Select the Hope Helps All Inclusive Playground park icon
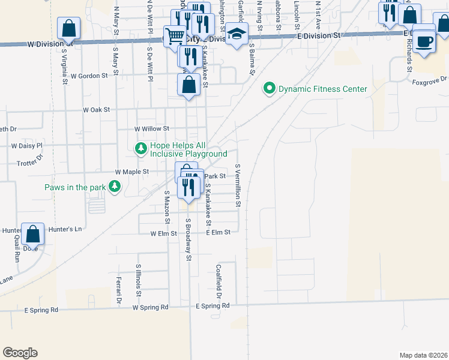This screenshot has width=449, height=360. tap(140, 148)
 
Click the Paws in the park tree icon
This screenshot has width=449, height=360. tap(114, 188)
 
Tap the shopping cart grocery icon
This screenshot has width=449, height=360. tap(175, 35)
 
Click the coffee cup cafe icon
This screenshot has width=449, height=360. tap(424, 41)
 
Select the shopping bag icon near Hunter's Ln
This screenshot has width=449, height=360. tap(32, 233)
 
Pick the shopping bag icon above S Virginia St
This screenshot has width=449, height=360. tap(69, 28)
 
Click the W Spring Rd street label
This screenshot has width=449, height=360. tap(151, 308)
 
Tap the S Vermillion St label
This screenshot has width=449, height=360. tap(238, 186)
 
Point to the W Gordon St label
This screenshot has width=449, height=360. tap(89, 76)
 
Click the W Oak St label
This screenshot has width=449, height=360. tap(97, 110)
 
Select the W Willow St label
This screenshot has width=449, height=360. tap(152, 128)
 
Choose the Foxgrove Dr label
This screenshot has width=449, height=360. tap(430, 79)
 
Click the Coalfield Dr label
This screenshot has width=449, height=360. tap(219, 282)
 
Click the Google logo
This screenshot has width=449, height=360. tap(20, 353)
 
